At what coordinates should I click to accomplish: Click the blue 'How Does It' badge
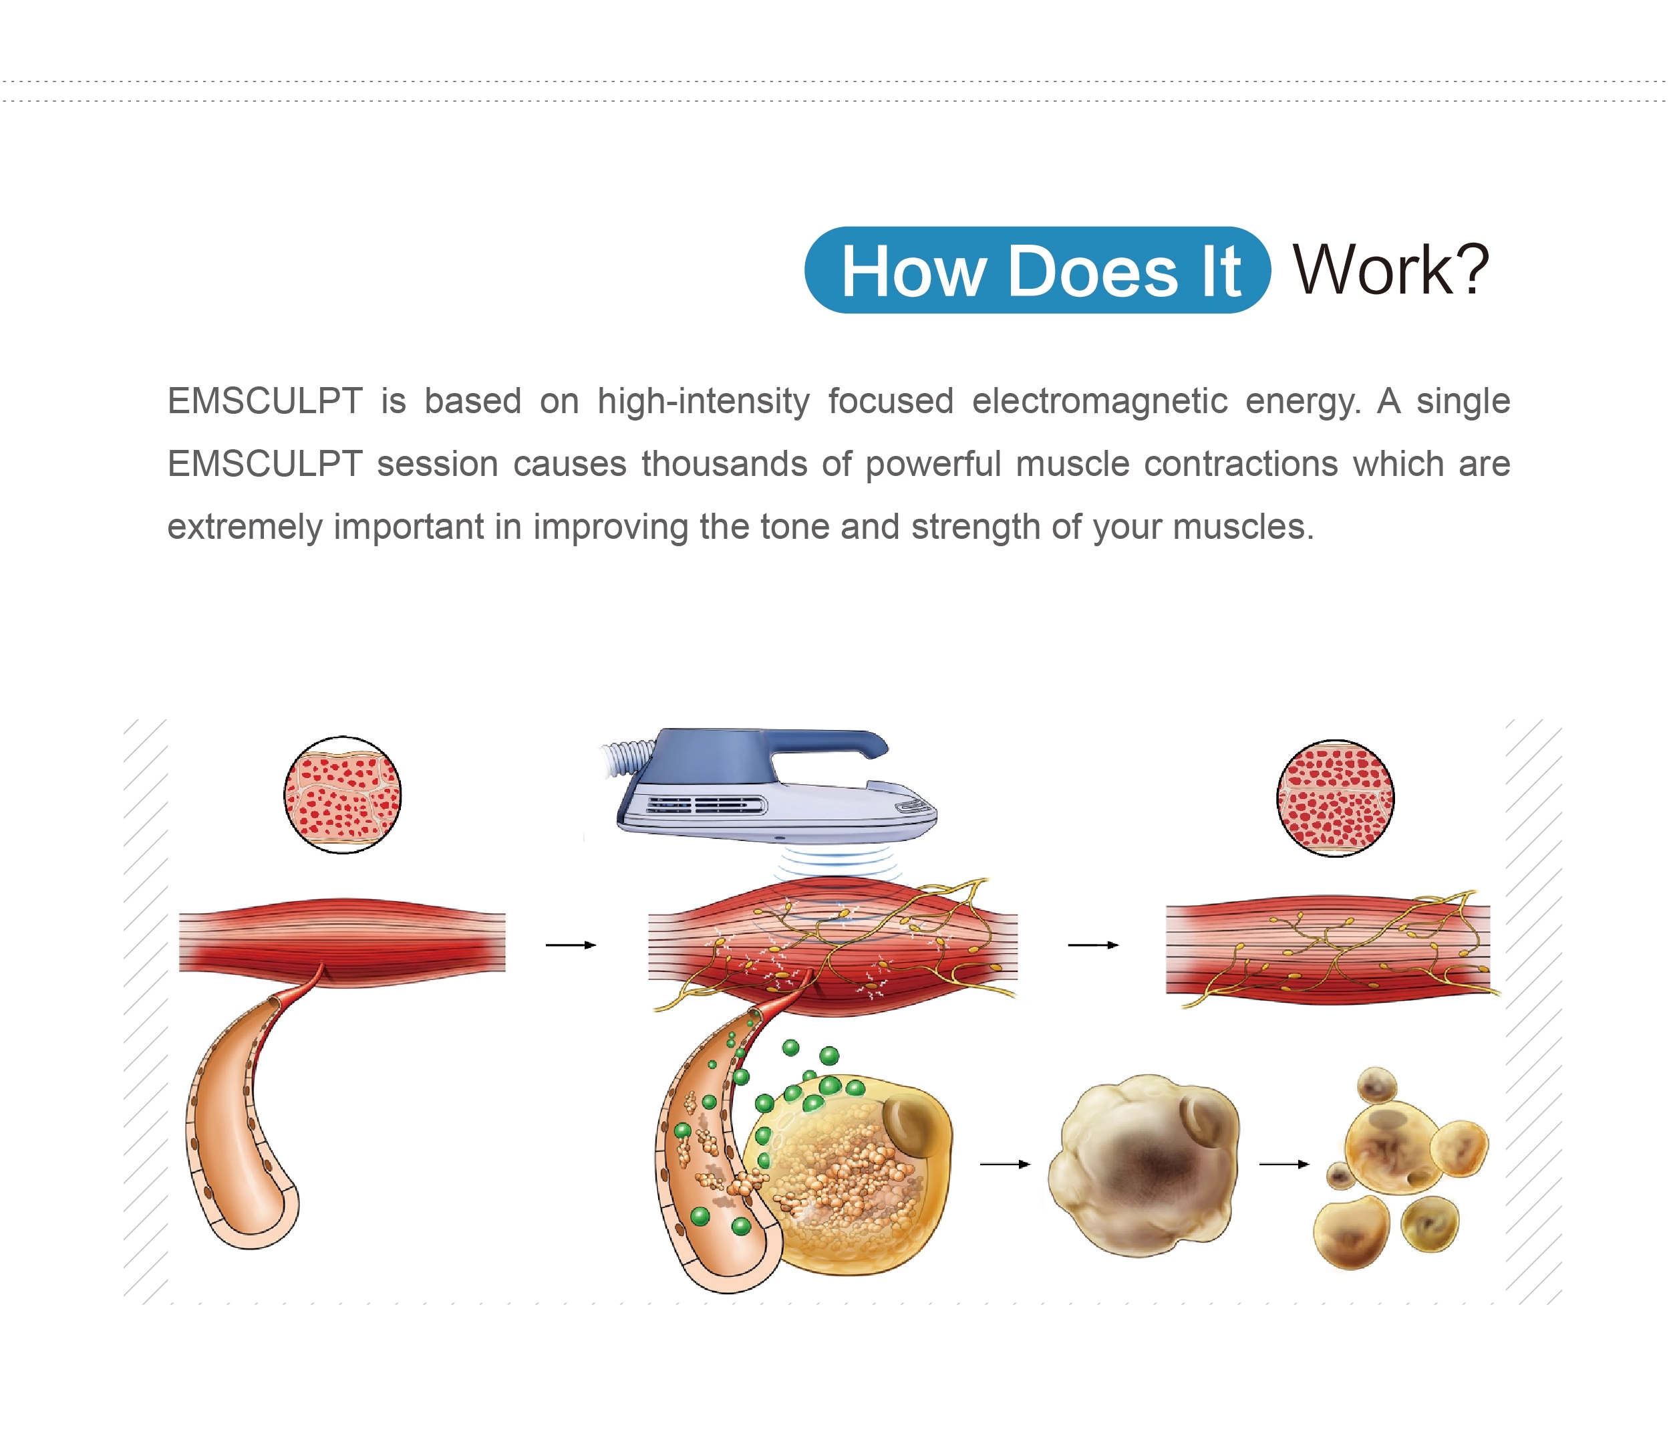point(1038,270)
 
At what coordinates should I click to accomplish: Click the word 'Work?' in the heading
point(1391,270)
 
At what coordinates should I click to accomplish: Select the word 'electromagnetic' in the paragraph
point(1100,400)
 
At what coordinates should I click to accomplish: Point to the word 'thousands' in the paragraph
point(724,463)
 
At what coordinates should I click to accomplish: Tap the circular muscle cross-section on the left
point(342,794)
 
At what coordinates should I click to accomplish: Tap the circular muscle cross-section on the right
point(1336,798)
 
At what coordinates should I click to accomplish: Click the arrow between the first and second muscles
point(571,945)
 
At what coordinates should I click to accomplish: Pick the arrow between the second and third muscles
point(1093,945)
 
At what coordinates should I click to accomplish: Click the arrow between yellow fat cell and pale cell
point(1006,1165)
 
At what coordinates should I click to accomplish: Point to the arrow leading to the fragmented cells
point(1285,1165)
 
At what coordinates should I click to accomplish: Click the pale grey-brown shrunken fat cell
point(1144,1165)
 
